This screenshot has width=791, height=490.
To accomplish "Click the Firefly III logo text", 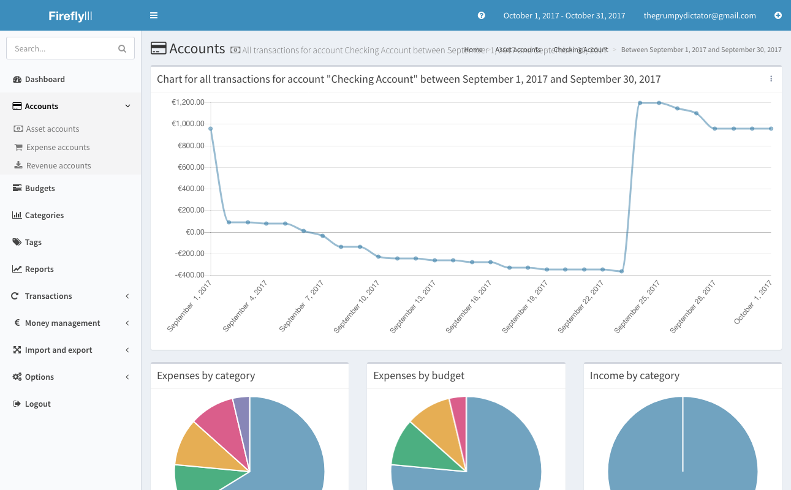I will coord(70,16).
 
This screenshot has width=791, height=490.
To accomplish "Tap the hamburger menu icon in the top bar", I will coord(154,15).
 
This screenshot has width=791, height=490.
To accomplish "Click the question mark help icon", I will coord(482,15).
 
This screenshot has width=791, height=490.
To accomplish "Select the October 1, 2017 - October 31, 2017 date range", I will coord(564,16).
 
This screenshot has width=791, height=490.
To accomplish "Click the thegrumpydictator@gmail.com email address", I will coord(700,16).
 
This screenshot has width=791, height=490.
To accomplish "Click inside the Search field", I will coord(64,48).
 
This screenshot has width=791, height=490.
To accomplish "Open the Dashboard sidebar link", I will coord(45,79).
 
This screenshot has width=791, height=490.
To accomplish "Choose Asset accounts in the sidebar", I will coord(53,129).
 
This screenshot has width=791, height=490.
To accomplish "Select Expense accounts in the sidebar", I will coord(58,147).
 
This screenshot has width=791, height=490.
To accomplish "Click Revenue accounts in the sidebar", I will coord(58,165).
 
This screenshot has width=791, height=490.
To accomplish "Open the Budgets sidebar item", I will coord(40,188).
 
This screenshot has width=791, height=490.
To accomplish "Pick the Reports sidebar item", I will coord(39,269).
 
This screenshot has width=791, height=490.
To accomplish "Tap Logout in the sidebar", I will coord(37,404).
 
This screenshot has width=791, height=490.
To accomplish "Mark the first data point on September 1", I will coord(210,129).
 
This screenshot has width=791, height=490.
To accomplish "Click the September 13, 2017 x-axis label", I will coord(414,306).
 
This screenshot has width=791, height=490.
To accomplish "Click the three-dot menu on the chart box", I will coord(771,79).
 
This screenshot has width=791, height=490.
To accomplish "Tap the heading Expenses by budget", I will coord(418,375).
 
